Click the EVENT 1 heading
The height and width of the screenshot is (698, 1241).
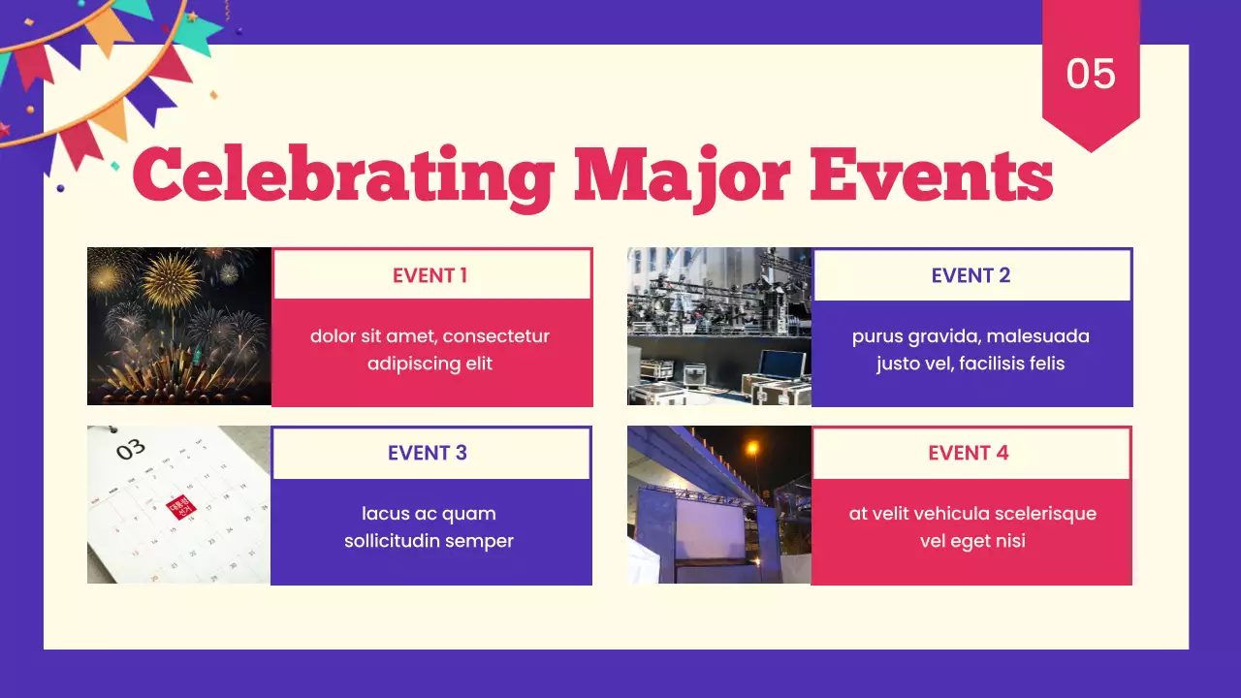coord(430,275)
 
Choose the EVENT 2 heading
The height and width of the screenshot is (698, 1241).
coord(971,275)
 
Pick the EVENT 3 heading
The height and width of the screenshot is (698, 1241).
coord(428,453)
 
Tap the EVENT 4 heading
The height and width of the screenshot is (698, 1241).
coord(969,453)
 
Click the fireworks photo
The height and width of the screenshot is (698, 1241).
coord(179,326)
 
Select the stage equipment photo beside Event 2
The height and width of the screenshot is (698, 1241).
coord(719,326)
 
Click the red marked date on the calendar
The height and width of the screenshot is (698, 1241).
coord(181,507)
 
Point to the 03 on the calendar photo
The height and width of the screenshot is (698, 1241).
coord(131,449)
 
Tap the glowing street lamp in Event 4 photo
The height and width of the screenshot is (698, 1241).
coord(752,448)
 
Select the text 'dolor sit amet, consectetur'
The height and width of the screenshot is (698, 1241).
coord(430,336)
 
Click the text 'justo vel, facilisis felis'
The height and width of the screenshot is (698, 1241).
coord(971,364)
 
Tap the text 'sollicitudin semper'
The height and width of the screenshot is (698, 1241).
coord(429,541)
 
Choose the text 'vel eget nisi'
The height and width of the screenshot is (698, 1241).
coord(972,541)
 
